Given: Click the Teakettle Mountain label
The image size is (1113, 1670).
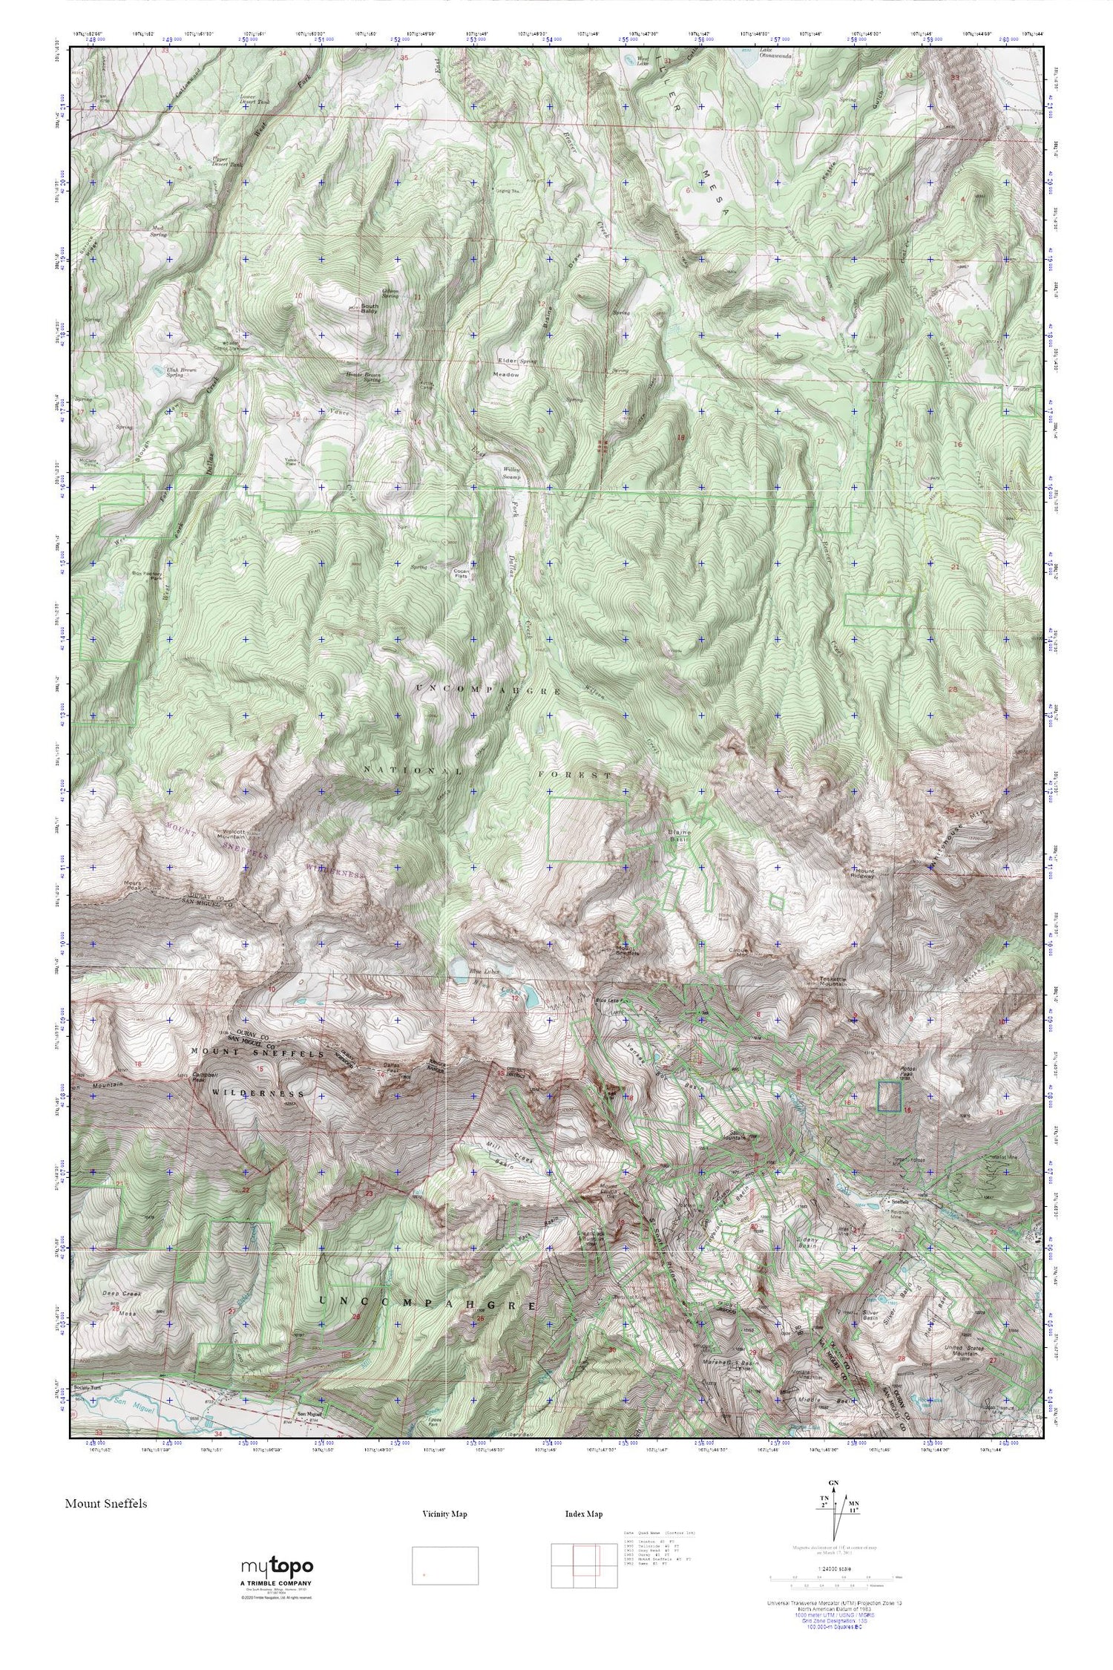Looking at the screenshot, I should click(837, 983).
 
